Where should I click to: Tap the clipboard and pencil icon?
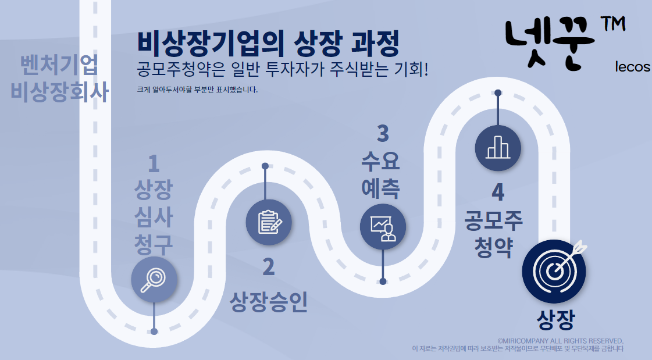coord(268,222)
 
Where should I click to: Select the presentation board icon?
coord(383,226)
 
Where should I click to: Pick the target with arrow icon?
coord(554,270)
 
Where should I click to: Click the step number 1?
coord(154,165)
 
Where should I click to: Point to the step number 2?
coord(268,267)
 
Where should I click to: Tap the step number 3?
coord(383,133)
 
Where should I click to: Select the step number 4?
coord(497,193)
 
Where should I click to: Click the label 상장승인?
coord(268,302)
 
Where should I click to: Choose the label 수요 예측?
coord(381,173)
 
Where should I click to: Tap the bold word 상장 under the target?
coord(555,319)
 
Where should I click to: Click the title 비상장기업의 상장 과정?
coord(268,42)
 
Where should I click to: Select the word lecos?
coord(632,67)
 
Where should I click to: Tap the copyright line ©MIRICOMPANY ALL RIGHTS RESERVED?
coord(560,340)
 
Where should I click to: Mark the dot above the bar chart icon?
coord(498,92)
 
